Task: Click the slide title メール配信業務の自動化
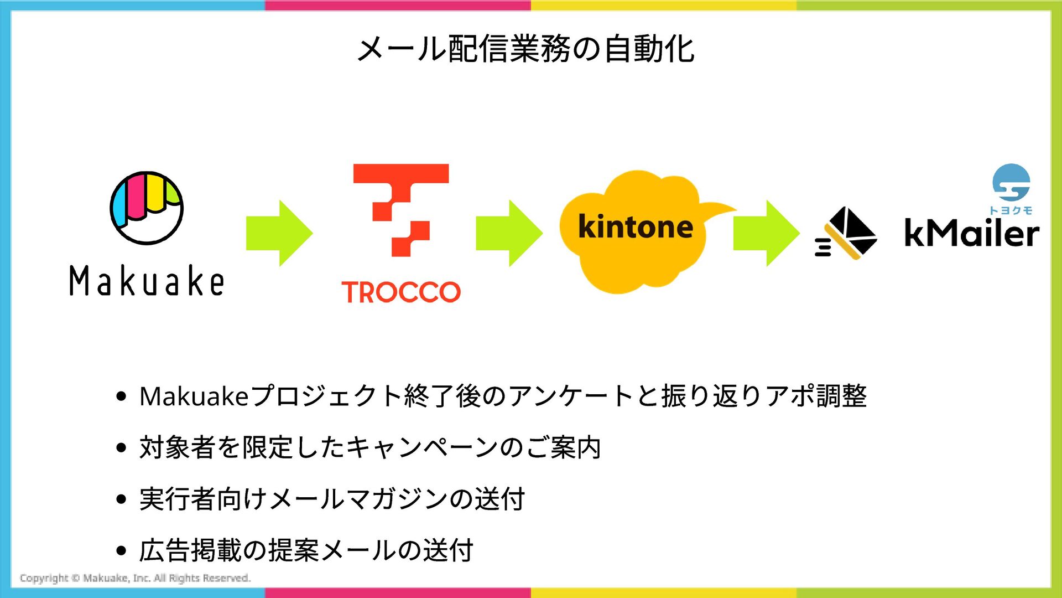525,49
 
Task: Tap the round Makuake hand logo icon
147,208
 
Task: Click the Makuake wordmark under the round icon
147,281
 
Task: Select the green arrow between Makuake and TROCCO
279,233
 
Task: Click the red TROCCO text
401,292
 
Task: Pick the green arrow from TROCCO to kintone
509,233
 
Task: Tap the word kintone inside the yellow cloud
636,226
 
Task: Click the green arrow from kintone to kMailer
766,233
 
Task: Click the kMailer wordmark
971,233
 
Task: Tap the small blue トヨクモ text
1011,210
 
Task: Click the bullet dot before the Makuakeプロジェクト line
122,396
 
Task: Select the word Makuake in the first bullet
194,396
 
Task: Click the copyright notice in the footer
136,578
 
